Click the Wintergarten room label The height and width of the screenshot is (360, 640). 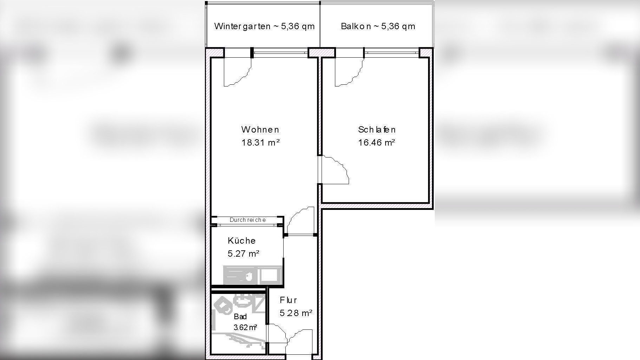click(x=264, y=26)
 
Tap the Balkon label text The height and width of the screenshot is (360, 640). click(x=378, y=26)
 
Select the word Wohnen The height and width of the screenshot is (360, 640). click(x=260, y=129)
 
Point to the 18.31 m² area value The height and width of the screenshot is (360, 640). click(x=260, y=142)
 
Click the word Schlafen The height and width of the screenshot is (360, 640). click(x=377, y=129)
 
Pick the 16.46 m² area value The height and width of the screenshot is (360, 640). click(x=377, y=142)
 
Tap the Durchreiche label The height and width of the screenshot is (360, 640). click(x=247, y=220)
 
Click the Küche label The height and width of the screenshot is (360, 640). click(x=241, y=240)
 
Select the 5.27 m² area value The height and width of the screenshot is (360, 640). click(x=244, y=253)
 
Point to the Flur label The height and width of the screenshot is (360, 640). click(x=288, y=300)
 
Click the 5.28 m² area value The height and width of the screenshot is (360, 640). click(x=296, y=313)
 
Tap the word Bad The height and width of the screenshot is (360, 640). click(x=240, y=317)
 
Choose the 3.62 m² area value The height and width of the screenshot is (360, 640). click(x=245, y=328)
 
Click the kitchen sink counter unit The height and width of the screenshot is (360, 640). click(x=253, y=275)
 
